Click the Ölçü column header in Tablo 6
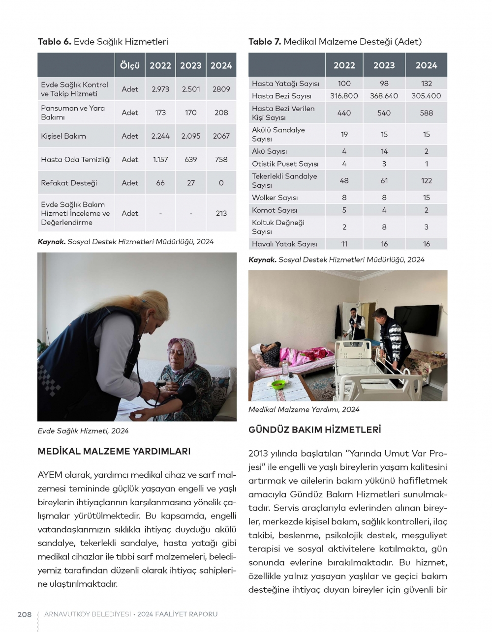130,65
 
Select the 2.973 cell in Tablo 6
160,89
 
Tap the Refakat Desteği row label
69,183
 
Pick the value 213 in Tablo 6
221,213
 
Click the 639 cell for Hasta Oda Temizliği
190,159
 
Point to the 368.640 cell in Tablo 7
384,96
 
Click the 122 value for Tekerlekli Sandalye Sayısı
426,180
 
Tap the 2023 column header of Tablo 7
384,65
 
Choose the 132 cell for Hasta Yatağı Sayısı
426,84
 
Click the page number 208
25,614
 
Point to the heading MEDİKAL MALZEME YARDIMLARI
114,451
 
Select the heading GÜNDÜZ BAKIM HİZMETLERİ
315,430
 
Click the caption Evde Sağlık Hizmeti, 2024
83,431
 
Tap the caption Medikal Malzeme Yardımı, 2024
304,409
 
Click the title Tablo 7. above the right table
265,42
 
